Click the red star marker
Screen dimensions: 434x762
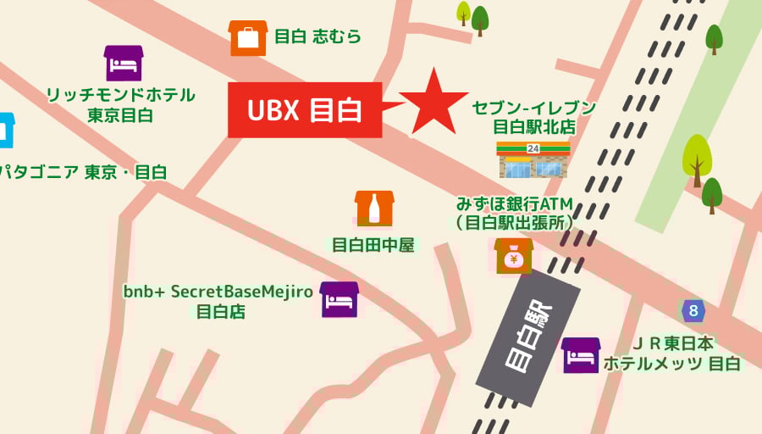point(433,103)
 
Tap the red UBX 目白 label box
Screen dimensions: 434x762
point(305,109)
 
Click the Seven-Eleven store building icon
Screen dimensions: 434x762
point(533,159)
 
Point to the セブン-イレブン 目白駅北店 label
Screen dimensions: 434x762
point(534,117)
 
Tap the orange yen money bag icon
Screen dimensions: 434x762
point(514,255)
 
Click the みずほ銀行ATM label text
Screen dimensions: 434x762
point(514,213)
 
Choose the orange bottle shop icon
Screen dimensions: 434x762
point(373,209)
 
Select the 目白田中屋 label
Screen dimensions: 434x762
point(373,246)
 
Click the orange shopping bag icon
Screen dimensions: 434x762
point(248,38)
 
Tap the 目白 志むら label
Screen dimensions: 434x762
point(318,36)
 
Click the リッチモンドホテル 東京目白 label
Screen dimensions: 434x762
point(120,104)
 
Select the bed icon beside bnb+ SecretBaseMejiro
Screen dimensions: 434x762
point(340,299)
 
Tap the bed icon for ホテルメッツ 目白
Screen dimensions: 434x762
point(581,355)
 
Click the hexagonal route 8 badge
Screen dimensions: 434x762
point(693,311)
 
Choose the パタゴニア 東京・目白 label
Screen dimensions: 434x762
point(83,172)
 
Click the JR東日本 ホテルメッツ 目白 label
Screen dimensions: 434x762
point(673,353)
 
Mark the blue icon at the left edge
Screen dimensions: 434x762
point(6,130)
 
